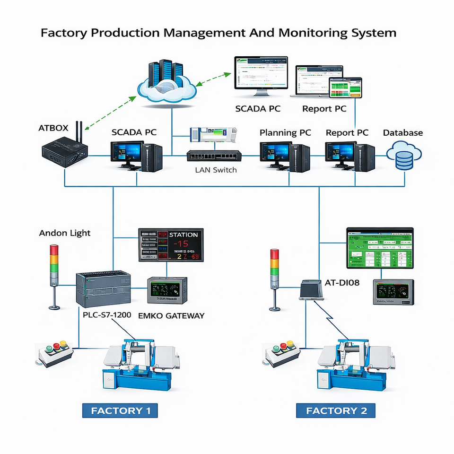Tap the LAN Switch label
click(216, 170)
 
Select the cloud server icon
click(166, 81)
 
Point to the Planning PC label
click(285, 133)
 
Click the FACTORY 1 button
click(121, 410)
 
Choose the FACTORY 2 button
click(336, 410)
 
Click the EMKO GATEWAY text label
click(171, 315)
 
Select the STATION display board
click(171, 245)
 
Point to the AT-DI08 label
click(342, 283)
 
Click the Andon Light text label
click(65, 233)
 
